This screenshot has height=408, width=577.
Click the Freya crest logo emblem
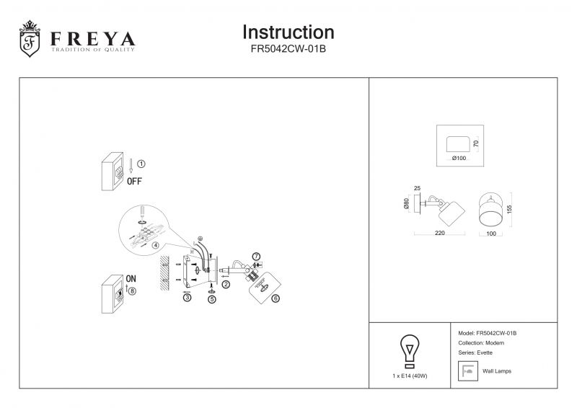tap(30, 40)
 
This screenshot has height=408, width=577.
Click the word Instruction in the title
tap(288, 32)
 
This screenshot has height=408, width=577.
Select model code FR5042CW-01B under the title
tap(288, 50)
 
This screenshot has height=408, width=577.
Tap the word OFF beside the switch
tap(134, 182)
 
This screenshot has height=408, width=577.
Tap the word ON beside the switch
tap(132, 278)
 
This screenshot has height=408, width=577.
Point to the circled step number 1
tap(141, 164)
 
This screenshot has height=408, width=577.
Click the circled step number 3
tap(187, 298)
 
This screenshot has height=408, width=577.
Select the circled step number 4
tap(155, 244)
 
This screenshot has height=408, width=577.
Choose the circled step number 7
tap(256, 257)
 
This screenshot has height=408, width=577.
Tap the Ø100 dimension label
tap(459, 157)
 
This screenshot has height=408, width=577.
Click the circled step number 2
tap(226, 285)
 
